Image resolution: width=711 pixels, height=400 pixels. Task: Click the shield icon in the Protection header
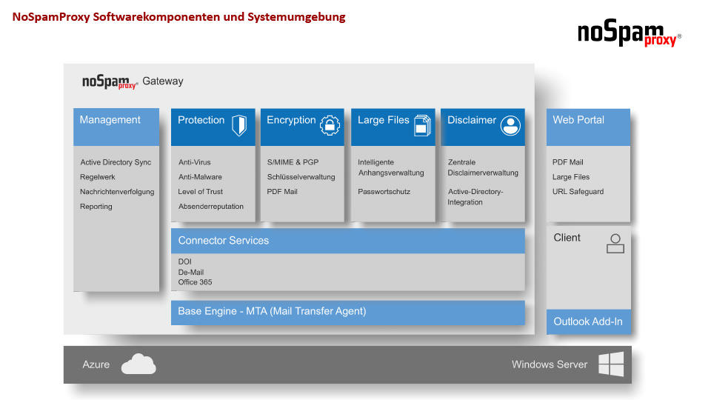239,125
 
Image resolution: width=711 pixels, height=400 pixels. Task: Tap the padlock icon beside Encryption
330,126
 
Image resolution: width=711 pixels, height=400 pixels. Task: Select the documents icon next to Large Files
422,125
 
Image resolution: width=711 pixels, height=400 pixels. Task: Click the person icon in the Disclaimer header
510,126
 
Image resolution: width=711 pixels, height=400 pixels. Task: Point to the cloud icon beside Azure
138,364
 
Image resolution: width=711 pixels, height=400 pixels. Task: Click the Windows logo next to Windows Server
611,364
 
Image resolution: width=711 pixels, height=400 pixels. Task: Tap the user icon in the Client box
615,244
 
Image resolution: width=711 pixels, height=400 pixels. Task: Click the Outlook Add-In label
587,321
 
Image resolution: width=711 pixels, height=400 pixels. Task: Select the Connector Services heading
224,240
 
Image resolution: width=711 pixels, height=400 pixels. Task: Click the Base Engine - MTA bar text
272,311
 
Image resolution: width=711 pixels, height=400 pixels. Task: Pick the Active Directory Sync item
116,162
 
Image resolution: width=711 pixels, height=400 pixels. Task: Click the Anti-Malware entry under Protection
200,177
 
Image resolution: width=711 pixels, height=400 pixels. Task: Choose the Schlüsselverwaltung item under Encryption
301,177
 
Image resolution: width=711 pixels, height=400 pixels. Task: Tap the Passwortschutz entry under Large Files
384,192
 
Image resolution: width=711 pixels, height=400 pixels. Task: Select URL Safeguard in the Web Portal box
578,192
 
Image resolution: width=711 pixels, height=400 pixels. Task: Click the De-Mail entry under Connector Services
191,272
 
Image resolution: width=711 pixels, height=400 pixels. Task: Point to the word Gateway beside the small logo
163,81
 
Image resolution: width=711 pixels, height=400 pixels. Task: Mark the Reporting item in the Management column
96,207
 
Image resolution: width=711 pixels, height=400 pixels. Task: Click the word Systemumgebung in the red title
296,17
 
